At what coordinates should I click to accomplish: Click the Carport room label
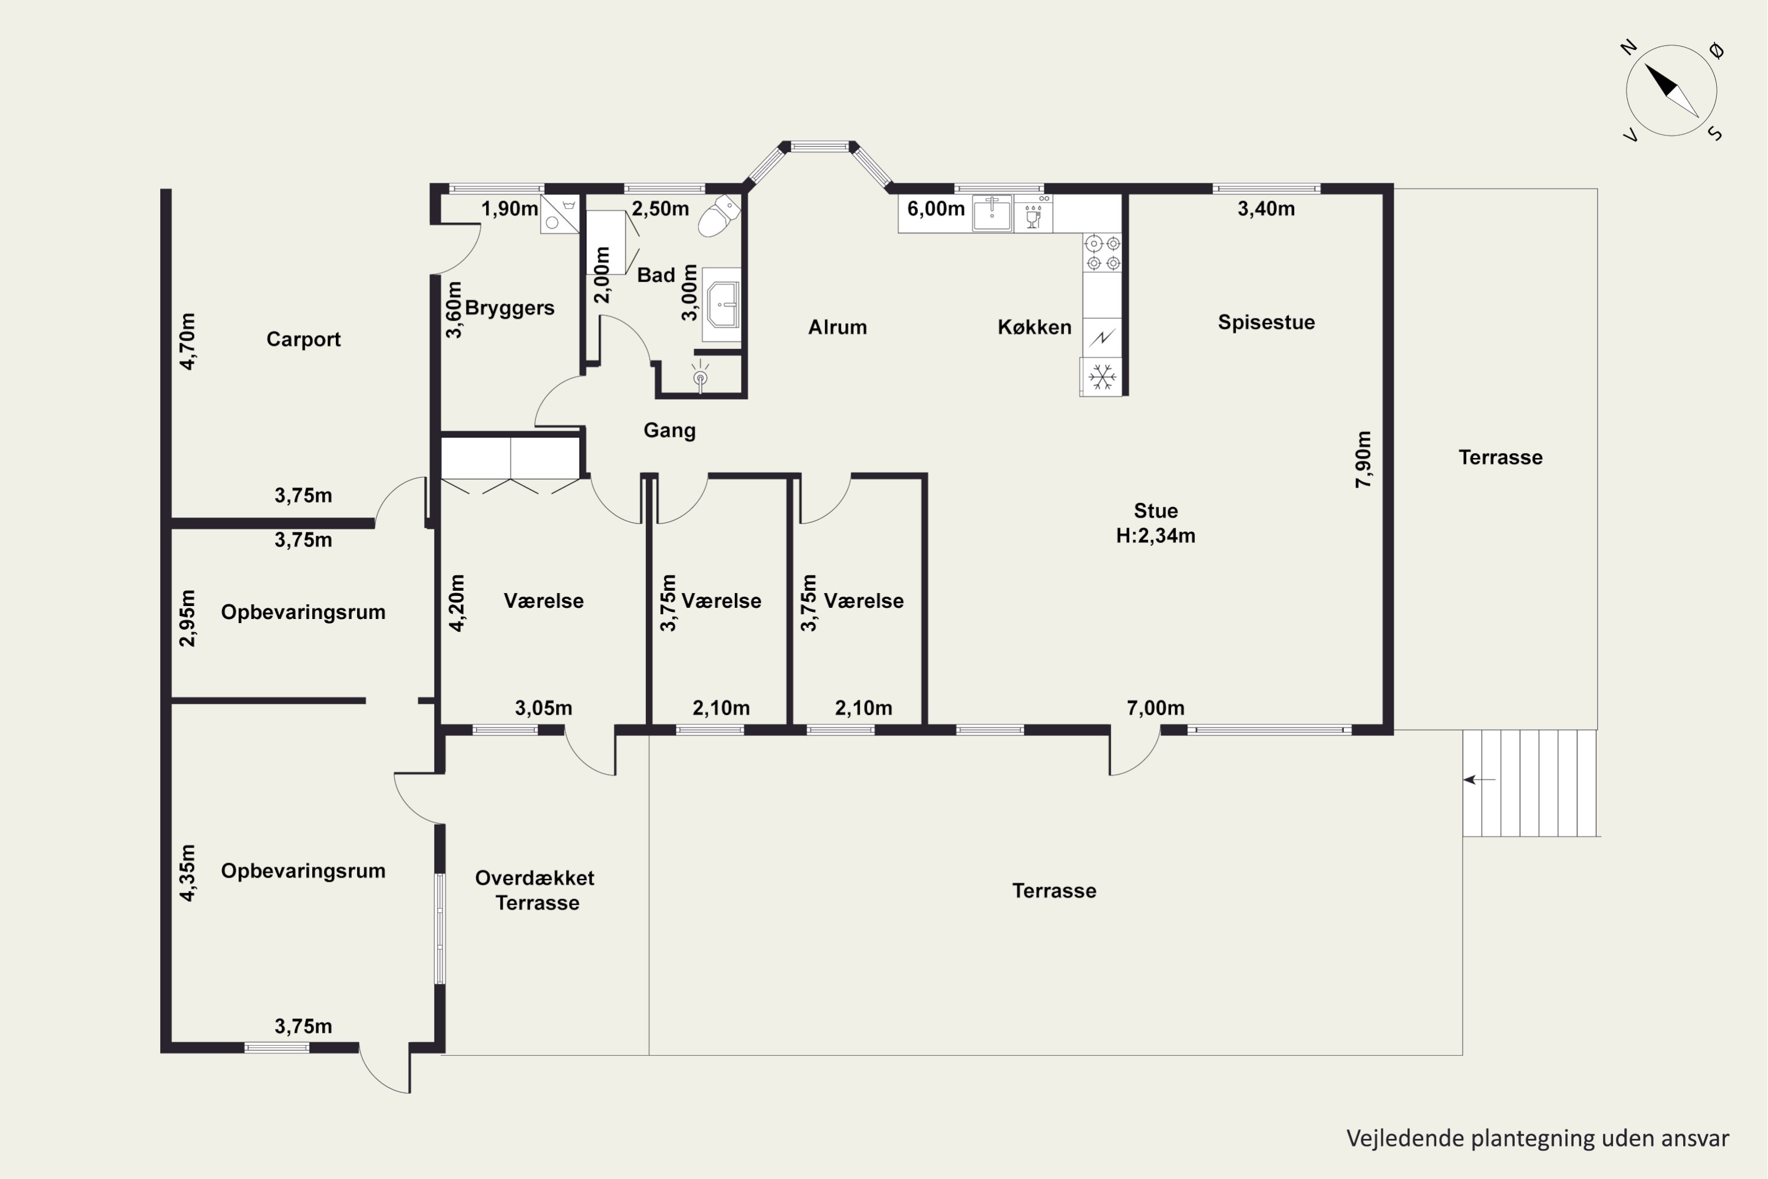pyautogui.click(x=303, y=339)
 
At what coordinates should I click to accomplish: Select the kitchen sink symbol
pyautogui.click(x=992, y=213)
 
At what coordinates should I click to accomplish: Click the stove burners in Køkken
pyautogui.click(x=1103, y=253)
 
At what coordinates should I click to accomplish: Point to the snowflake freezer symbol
pyautogui.click(x=1102, y=377)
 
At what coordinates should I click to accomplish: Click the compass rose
pyautogui.click(x=1672, y=90)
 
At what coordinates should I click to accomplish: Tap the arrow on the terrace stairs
pyautogui.click(x=1479, y=780)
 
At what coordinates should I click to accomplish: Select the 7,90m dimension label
pyautogui.click(x=1363, y=459)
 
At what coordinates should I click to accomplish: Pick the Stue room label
pyautogui.click(x=1155, y=511)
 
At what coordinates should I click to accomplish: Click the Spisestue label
pyautogui.click(x=1266, y=322)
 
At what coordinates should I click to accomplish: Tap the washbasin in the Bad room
pyautogui.click(x=721, y=305)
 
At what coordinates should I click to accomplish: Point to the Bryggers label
pyautogui.click(x=510, y=308)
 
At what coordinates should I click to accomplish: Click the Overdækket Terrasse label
pyautogui.click(x=535, y=890)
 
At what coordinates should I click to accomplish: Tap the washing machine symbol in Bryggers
pyautogui.click(x=560, y=215)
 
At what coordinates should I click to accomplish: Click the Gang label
pyautogui.click(x=669, y=430)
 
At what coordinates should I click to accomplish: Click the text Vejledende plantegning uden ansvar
pyautogui.click(x=1537, y=1138)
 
